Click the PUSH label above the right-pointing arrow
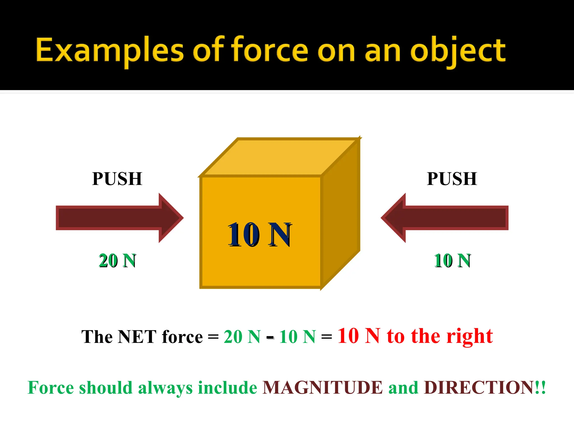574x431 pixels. (117, 179)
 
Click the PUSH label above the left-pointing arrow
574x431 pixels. (452, 179)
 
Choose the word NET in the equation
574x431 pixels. (136, 337)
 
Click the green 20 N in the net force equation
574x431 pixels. (242, 337)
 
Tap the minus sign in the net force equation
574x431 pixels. (270, 337)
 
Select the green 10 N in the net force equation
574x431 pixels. (297, 337)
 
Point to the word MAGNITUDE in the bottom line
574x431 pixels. (322, 388)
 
